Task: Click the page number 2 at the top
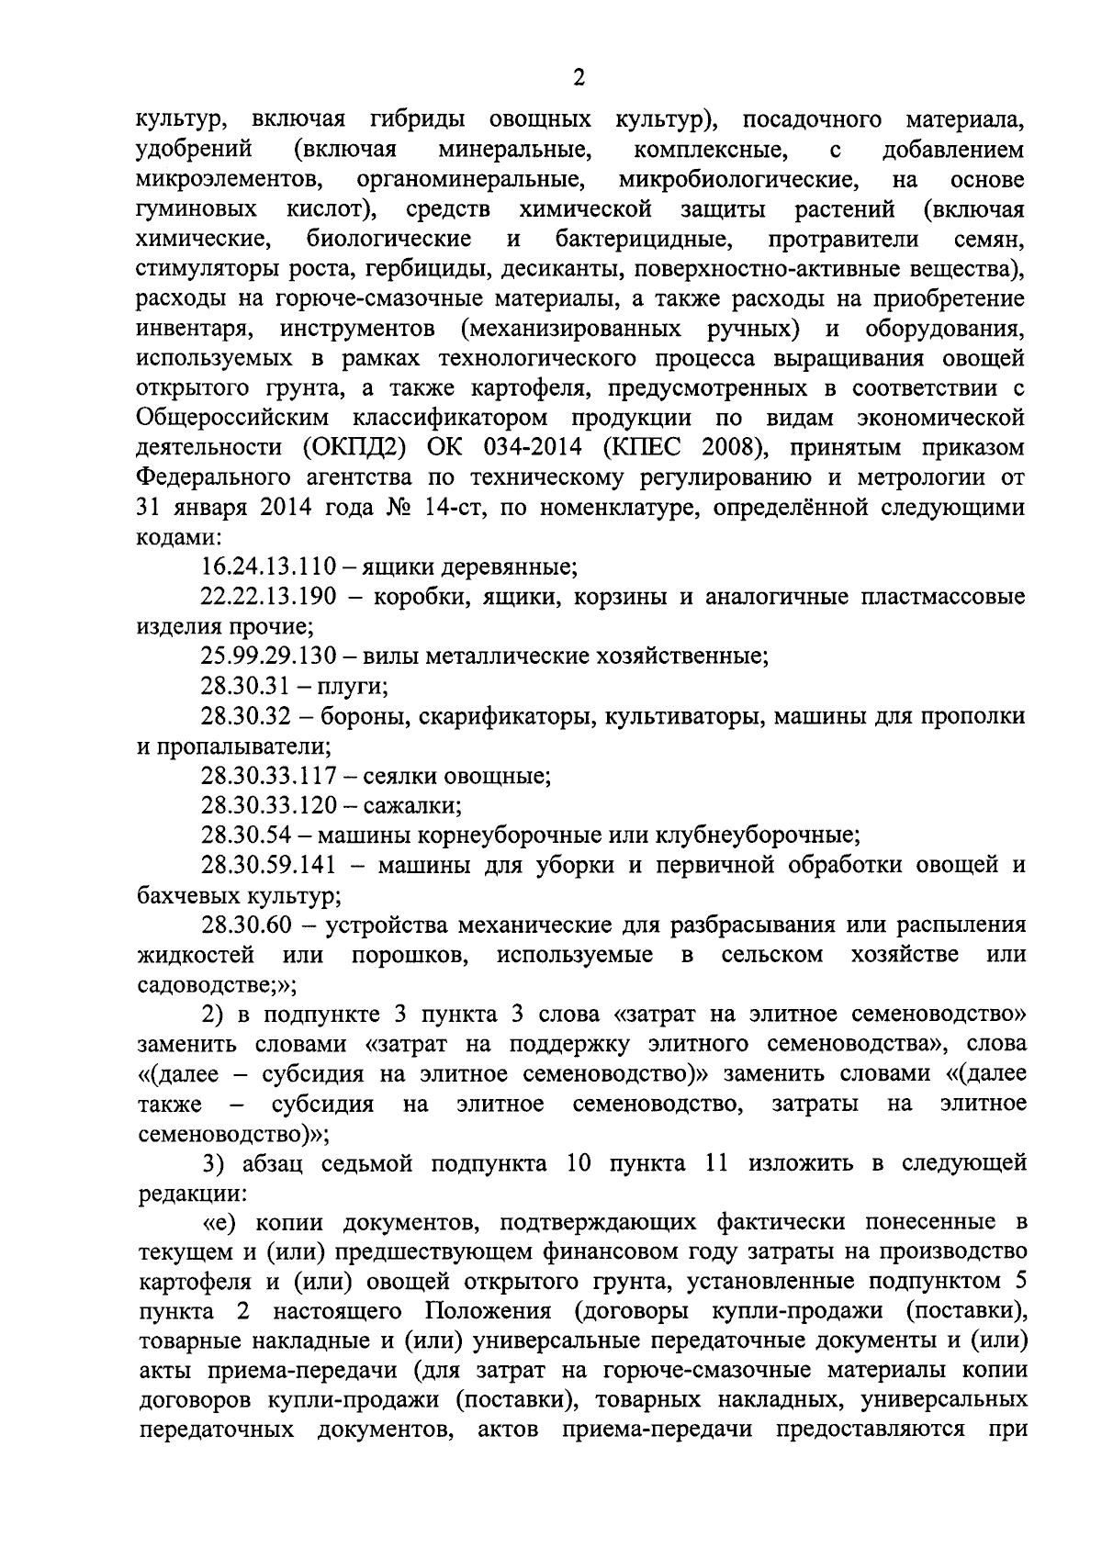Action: tap(578, 78)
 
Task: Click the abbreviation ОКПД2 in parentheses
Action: tap(346, 448)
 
